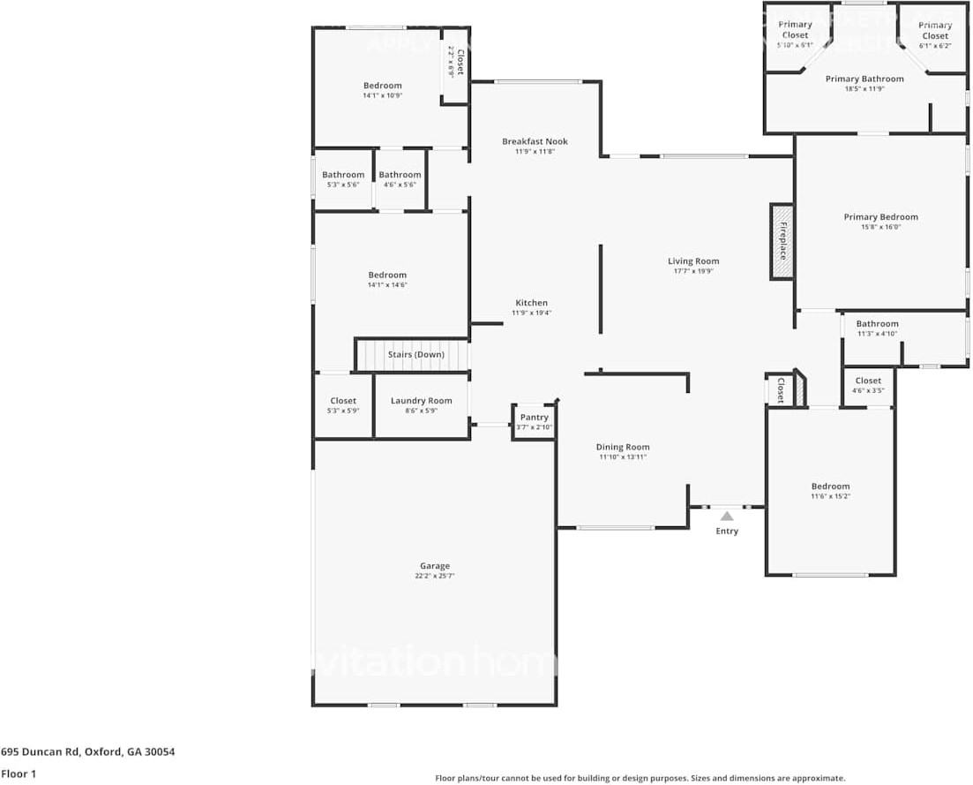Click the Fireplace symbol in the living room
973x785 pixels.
pos(782,242)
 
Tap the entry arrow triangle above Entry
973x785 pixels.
pos(726,516)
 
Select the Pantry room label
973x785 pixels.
pos(534,418)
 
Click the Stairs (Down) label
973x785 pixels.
pos(416,355)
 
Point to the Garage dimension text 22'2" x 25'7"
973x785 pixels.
pos(434,576)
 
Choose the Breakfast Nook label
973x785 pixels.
pos(535,141)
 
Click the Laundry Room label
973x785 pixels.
pos(421,401)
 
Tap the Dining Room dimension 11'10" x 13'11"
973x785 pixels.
pos(622,457)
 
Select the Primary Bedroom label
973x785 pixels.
pos(880,217)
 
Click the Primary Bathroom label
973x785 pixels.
pos(864,79)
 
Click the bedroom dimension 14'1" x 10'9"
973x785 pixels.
pos(382,95)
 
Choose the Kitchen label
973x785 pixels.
pos(531,303)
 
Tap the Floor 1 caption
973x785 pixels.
pos(19,774)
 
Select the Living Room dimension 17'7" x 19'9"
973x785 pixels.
pos(692,271)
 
